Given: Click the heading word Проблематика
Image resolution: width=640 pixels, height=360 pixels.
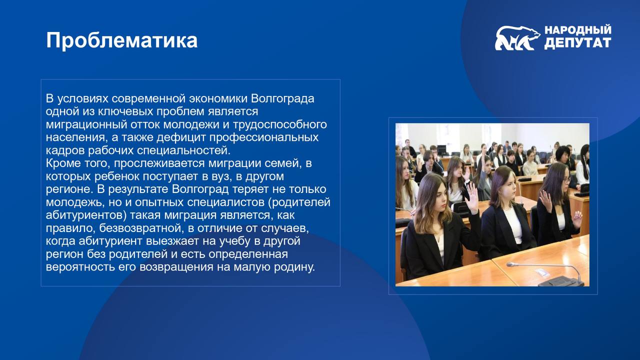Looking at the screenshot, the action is click(x=121, y=40).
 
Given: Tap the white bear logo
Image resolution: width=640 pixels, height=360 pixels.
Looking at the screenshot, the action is click(x=517, y=38).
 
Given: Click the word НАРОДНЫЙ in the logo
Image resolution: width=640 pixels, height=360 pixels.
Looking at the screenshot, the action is click(x=577, y=29).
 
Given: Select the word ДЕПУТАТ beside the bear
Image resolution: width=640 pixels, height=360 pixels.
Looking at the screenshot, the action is click(x=577, y=42).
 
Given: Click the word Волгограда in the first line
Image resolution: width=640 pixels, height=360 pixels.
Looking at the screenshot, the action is click(x=282, y=99).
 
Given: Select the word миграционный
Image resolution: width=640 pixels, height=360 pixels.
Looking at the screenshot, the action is click(x=86, y=125).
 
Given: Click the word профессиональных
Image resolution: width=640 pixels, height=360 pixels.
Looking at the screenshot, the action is click(x=264, y=137).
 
